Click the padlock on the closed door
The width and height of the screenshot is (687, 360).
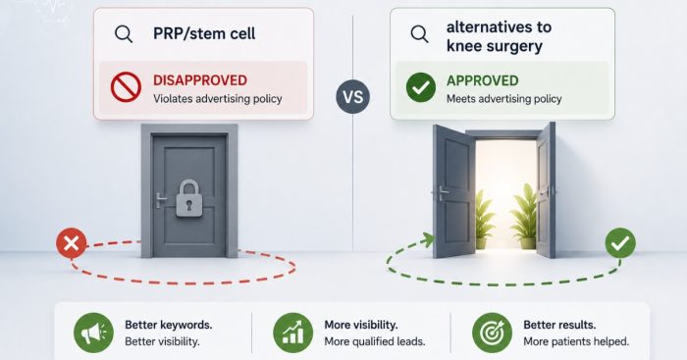(189, 198)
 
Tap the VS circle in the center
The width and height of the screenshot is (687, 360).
(352, 97)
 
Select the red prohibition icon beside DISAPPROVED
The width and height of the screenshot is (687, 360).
(126, 86)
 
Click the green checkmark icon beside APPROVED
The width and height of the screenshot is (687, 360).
(421, 87)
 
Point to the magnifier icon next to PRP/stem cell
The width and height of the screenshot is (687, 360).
(124, 33)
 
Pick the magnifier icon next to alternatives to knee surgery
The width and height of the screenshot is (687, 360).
(419, 33)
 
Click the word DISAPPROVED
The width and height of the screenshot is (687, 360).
(200, 80)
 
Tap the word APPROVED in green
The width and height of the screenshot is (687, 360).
(483, 80)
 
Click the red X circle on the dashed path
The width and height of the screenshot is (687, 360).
(72, 242)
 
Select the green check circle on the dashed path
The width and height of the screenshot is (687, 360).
(620, 242)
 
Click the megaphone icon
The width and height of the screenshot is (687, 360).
(93, 333)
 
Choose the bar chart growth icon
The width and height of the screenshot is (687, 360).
(292, 333)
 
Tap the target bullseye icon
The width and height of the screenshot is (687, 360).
(492, 333)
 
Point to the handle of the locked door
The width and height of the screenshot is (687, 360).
(161, 200)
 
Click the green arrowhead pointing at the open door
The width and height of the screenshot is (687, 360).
(428, 239)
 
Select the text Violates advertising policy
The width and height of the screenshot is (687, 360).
(217, 98)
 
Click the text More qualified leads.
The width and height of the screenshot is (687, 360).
(375, 341)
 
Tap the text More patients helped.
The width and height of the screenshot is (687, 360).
(576, 341)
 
